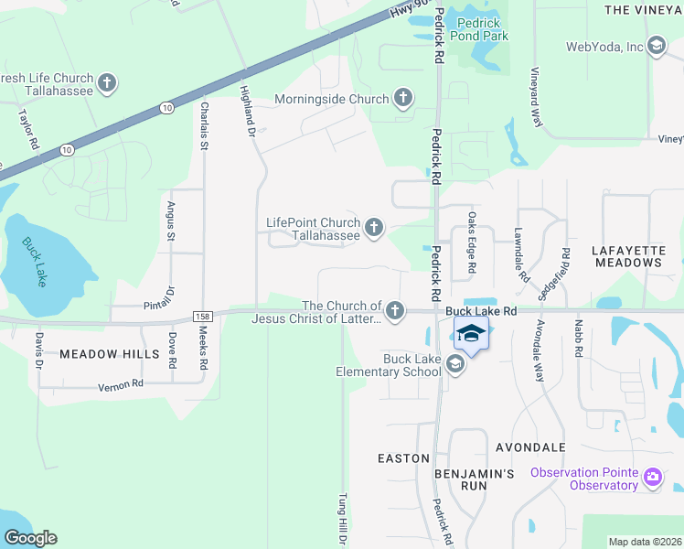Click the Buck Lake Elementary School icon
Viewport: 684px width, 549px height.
coord(455,365)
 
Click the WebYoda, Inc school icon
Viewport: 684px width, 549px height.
coord(656,47)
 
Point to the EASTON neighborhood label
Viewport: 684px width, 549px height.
coord(403,457)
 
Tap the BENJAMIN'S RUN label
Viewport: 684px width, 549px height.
coord(475,479)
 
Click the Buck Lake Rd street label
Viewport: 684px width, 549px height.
coord(482,311)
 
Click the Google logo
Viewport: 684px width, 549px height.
coord(30,538)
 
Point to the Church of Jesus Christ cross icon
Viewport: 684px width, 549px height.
coord(394,312)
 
